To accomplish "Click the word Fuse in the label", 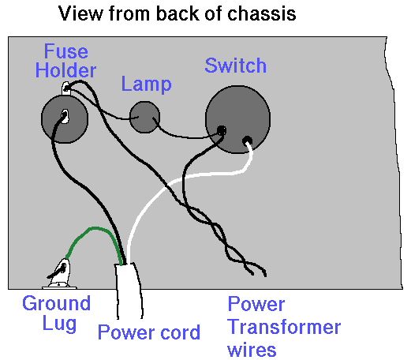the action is pos(65,51).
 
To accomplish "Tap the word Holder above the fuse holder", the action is pos(65,70).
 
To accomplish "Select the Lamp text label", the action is pos(147,84).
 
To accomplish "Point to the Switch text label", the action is pos(235,66).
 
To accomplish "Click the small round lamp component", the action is pos(144,117).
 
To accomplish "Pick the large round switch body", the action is pos(238,119).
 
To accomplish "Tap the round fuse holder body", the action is pos(65,119).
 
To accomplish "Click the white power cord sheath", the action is pos(129,291).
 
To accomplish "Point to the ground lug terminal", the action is pos(60,274).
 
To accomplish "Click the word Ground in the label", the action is pos(57,303).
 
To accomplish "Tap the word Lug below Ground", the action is pos(59,324).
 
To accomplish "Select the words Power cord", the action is pos(149,332).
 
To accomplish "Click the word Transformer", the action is pos(284,327).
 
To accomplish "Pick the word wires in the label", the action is pos(252,350).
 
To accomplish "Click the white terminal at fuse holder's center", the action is pos(65,116).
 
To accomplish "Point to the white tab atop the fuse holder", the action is pos(66,88).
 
